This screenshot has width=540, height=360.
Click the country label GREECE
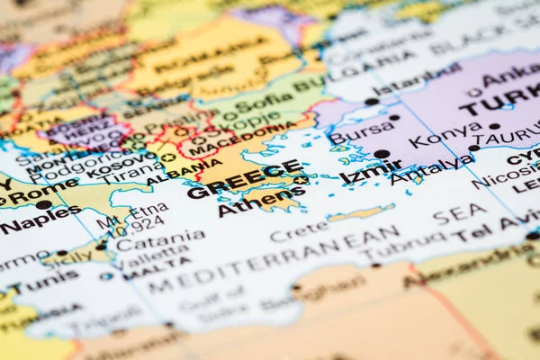coord(244,179)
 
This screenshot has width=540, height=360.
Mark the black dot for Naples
coord(43,205)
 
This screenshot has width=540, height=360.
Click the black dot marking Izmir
coord(382,154)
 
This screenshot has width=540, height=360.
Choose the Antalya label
coord(431,166)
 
